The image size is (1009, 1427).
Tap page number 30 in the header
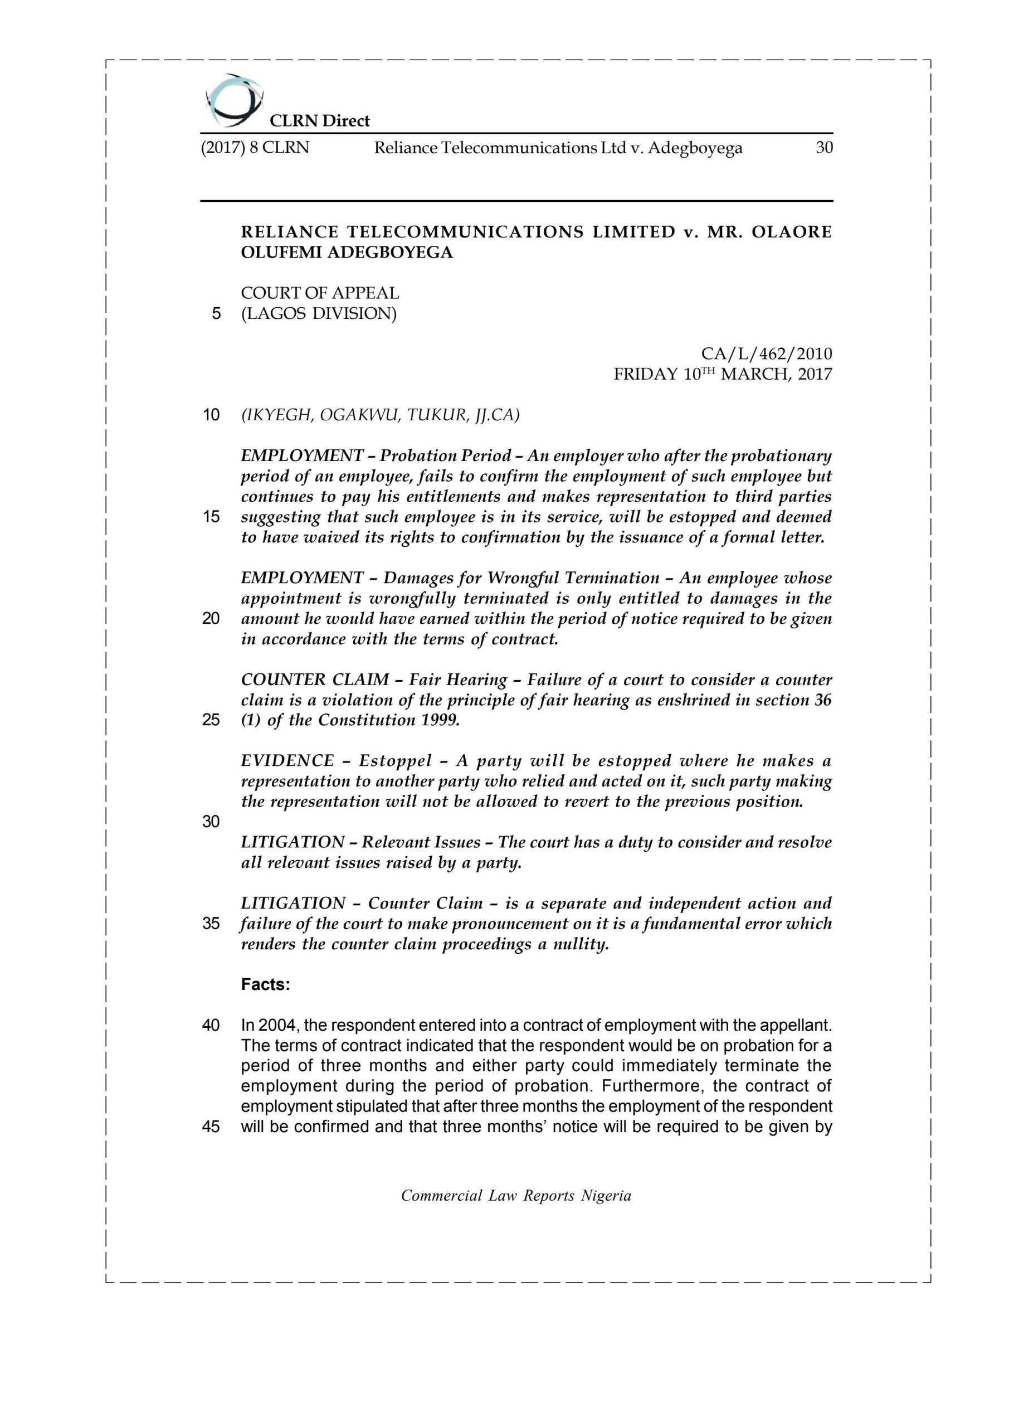824,148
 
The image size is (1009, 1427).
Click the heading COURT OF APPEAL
320,293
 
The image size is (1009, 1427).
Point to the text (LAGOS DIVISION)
319,313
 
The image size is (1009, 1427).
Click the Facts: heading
265,984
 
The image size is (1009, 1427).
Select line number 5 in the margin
216,313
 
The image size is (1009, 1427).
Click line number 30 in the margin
211,822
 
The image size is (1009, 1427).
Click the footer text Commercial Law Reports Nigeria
516,1195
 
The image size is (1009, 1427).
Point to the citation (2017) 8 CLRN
255,148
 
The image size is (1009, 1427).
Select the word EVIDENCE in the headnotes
287,761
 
